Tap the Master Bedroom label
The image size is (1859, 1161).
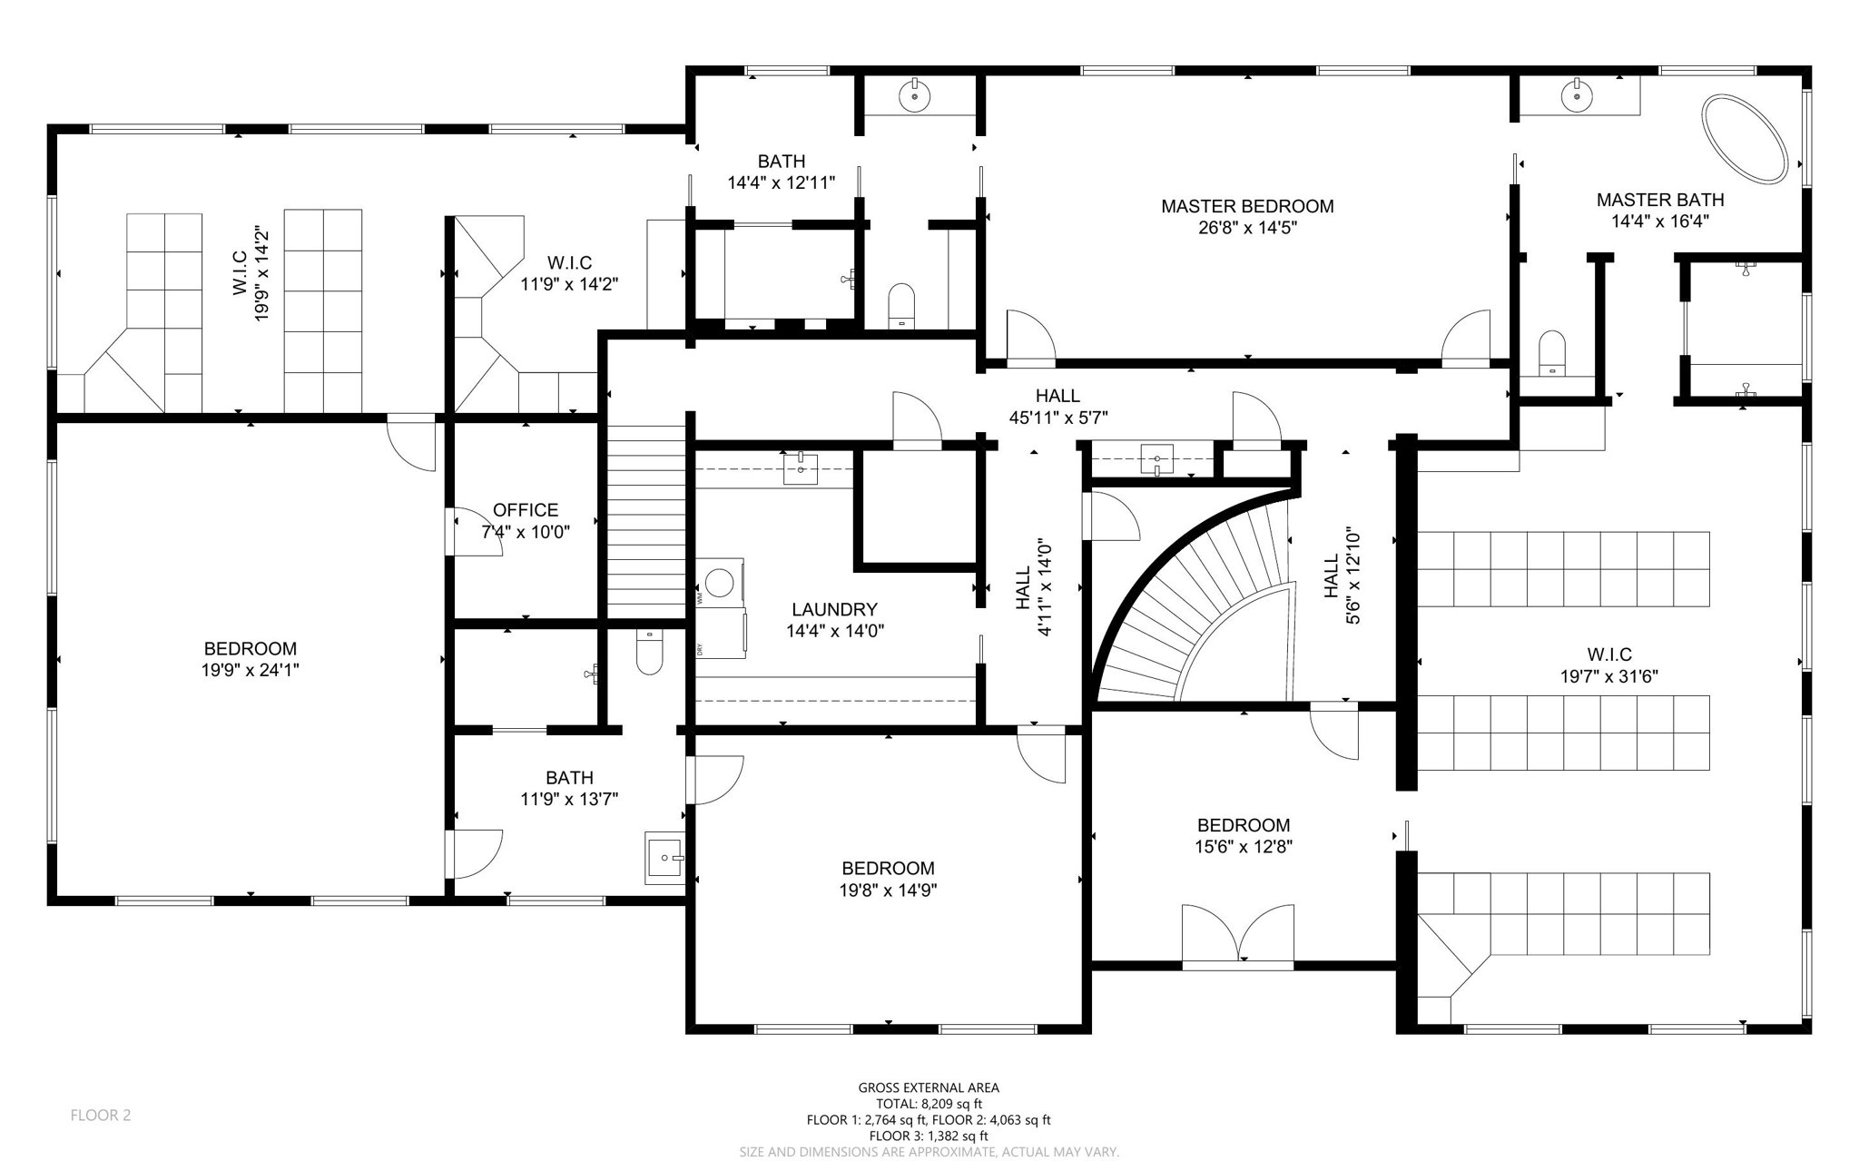coord(1247,206)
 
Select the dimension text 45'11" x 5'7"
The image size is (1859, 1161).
coord(1058,418)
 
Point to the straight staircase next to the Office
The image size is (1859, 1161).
coord(645,522)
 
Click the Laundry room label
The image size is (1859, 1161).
coord(834,609)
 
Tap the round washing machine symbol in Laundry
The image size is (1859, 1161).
coord(721,581)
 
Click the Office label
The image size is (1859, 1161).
coord(526,510)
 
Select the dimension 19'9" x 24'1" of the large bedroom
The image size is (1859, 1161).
coord(251,670)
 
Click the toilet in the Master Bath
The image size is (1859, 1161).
coord(1553,352)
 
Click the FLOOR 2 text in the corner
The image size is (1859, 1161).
coord(101,1115)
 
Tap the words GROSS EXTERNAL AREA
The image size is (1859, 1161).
coord(929,1087)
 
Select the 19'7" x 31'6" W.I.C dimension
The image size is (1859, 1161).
coord(1609,676)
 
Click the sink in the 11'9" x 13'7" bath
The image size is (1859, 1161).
coord(665,857)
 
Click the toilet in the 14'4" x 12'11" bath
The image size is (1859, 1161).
coord(900,305)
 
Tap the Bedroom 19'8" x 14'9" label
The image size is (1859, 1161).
coord(888,868)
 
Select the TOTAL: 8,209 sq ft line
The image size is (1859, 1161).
coord(929,1104)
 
